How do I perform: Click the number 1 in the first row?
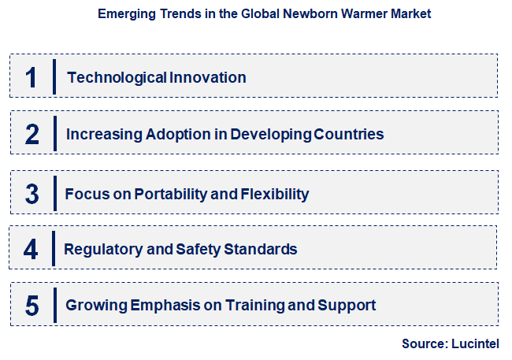pyautogui.click(x=32, y=77)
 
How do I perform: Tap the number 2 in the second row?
pyautogui.click(x=32, y=134)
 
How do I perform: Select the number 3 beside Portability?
pyautogui.click(x=32, y=194)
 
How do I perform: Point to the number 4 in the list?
pyautogui.click(x=31, y=250)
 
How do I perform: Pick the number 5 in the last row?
pyautogui.click(x=32, y=306)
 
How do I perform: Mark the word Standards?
pyautogui.click(x=261, y=250)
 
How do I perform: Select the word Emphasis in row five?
pyautogui.click(x=151, y=305)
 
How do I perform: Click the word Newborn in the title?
pyautogui.click(x=302, y=14)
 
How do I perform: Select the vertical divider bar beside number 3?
pyautogui.click(x=55, y=194)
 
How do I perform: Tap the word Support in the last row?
pyautogui.click(x=349, y=305)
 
